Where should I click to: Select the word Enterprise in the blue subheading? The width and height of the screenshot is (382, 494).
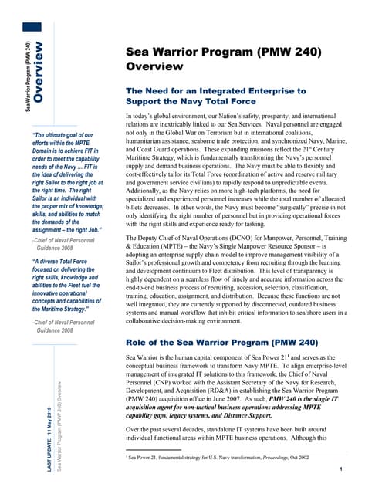[276, 91]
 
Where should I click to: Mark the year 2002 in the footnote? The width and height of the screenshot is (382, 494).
[311, 458]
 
